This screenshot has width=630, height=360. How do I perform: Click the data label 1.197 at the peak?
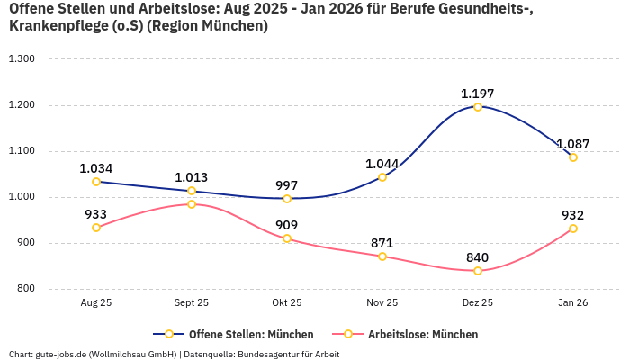click(x=477, y=94)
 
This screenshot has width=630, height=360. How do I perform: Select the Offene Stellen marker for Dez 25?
click(x=478, y=107)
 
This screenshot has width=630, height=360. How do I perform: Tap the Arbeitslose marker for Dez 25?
click(x=478, y=271)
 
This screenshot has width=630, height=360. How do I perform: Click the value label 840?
click(x=477, y=257)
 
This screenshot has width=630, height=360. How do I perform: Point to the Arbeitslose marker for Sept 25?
click(x=192, y=204)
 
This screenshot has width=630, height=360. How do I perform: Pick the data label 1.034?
click(x=95, y=168)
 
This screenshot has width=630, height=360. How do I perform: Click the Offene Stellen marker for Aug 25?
click(x=96, y=182)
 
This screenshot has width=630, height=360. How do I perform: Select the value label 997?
click(x=286, y=185)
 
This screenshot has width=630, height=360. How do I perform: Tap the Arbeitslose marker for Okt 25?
click(x=287, y=238)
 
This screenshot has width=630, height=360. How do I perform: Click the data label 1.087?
click(x=572, y=144)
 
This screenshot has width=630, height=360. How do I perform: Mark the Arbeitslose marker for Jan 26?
click(x=573, y=229)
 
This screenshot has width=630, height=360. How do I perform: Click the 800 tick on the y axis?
click(x=24, y=289)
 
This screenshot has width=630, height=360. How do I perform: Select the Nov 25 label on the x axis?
click(x=382, y=303)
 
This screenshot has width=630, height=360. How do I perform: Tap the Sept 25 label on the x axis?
click(x=192, y=303)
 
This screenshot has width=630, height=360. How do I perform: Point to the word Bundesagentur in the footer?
click(x=266, y=354)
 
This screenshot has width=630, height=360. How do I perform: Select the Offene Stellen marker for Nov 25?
click(x=382, y=177)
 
